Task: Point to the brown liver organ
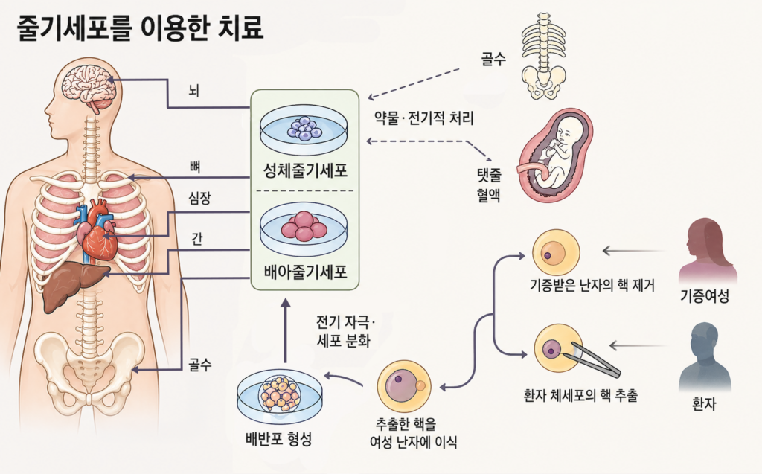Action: tap(70, 287)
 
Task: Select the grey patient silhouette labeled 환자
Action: tap(704, 357)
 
